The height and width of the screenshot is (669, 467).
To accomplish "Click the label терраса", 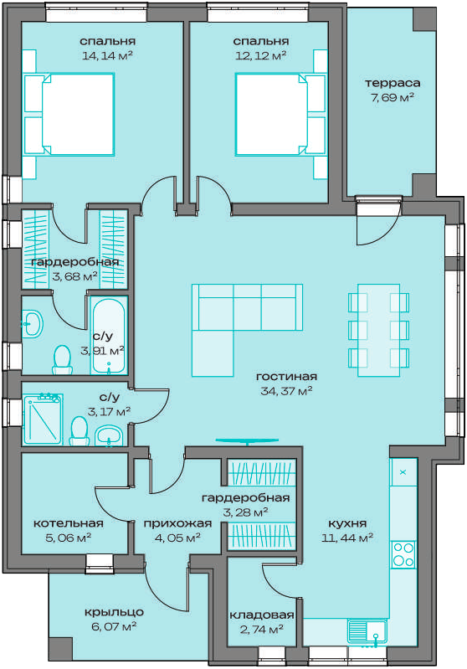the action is (393, 83).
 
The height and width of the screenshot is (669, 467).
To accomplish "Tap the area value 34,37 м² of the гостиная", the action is (286, 391).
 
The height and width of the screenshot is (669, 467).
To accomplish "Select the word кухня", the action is (347, 523).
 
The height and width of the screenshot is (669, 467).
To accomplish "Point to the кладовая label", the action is (262, 615).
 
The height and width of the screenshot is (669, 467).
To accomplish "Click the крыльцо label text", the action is (114, 613).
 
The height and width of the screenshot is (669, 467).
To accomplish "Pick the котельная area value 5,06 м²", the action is (69, 538).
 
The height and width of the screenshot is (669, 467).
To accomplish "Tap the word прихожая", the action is (177, 523).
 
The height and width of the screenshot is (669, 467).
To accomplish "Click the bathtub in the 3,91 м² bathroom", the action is (110, 336).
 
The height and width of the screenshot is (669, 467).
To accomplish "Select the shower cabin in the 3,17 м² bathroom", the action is (43, 419).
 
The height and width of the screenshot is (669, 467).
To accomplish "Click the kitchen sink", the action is (367, 631).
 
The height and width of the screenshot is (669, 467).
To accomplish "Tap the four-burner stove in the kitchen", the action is (403, 553).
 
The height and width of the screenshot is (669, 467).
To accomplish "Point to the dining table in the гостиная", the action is (379, 330).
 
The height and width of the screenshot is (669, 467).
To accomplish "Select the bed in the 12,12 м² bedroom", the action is (280, 115).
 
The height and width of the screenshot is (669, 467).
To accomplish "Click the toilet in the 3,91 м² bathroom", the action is (62, 360).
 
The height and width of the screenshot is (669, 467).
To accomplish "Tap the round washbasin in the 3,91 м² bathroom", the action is (33, 323).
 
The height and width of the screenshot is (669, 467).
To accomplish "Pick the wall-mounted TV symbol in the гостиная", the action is (248, 440).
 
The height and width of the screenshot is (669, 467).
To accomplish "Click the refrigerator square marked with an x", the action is (403, 472).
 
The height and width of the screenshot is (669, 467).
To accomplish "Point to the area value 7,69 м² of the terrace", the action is (393, 98).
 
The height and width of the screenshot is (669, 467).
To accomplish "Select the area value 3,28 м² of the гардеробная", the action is (246, 512).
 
